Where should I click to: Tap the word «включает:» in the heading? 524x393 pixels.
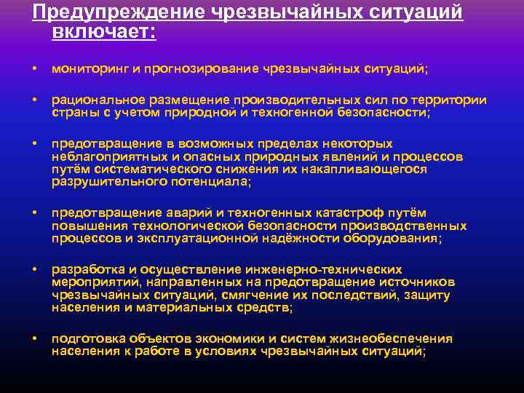click(x=104, y=32)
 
